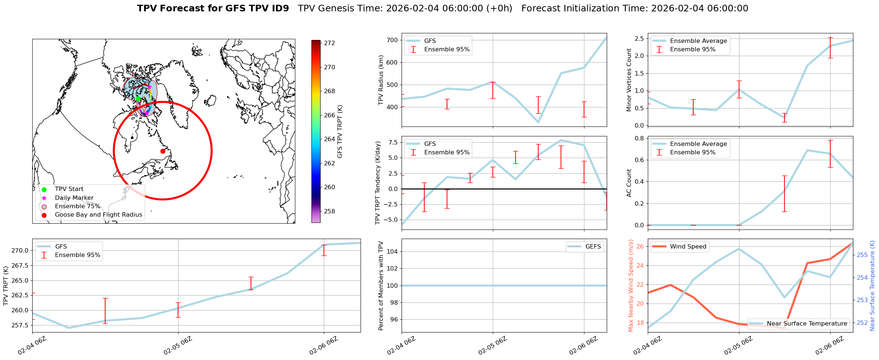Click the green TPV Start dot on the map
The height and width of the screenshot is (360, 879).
click(138, 99)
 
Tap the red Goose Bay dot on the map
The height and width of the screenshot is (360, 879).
click(163, 151)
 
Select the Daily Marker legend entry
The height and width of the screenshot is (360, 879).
click(74, 198)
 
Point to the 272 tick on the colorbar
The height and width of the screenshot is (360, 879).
click(329, 43)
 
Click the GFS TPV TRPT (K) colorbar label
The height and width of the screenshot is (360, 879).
click(340, 132)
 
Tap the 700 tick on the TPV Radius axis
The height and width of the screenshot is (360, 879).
click(392, 40)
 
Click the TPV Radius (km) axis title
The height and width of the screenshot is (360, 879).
click(381, 80)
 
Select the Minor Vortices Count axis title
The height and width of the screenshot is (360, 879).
click(629, 80)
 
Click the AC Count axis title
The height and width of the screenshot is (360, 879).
click(629, 183)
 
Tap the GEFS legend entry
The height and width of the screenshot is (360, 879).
click(593, 247)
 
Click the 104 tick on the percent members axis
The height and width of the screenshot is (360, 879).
click(392, 251)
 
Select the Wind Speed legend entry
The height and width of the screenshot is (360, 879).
click(688, 247)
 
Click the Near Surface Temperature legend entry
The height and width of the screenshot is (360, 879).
click(807, 324)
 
